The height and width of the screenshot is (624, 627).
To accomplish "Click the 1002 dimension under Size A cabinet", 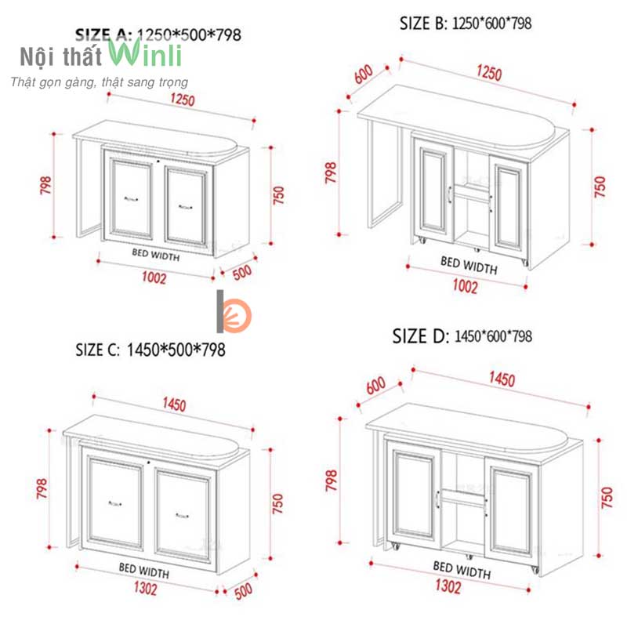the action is coord(154,278).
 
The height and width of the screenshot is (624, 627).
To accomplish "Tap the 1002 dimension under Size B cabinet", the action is coord(465,286).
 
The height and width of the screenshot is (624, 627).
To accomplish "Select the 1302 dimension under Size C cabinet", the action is coord(145,588).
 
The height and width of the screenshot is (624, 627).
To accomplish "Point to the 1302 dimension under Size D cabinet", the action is coord(448,586).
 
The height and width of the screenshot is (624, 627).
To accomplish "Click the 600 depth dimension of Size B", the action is coord(364,74).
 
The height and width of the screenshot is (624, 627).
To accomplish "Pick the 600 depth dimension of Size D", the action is coord(376,385).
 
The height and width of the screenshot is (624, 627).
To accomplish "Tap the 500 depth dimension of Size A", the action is coord(242,272).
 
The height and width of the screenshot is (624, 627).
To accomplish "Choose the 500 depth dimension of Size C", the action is coord(244,591).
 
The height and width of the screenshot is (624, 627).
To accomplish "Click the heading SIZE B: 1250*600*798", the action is coord(466,24).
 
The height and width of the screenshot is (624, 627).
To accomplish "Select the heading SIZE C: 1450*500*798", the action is coord(150,350).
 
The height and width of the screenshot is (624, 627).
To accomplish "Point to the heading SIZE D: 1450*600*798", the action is coord(462,336).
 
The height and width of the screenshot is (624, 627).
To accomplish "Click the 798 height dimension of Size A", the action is coord(45,185).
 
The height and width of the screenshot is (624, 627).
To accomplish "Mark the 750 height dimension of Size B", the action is coord(600,187).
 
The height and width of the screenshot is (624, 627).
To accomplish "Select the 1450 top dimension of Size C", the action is coord(174,404).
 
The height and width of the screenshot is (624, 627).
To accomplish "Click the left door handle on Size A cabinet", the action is coord(131,199).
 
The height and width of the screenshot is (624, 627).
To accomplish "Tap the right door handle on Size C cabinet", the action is coord(183,516).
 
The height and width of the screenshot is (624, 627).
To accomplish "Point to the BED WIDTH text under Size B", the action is coord(469,265).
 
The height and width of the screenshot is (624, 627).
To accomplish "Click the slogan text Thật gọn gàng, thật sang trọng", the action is coord(100,82).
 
